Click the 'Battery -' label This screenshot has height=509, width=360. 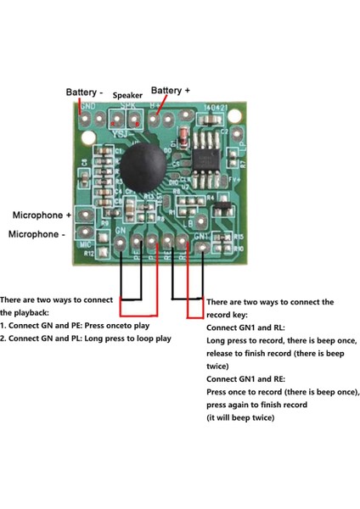pos(86,92)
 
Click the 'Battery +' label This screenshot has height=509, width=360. pos(170,90)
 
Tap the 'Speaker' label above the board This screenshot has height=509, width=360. pos(127,96)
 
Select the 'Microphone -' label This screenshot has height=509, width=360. pos(37,233)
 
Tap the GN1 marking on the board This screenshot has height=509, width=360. pos(202,235)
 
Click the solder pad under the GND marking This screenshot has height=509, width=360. pos(86,120)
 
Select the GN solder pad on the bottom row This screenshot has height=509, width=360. pos(121,246)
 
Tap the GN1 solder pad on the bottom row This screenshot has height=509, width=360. pos(205,248)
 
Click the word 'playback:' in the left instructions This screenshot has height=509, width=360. pos(25,312)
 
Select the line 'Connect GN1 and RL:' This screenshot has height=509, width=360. pos(247,327)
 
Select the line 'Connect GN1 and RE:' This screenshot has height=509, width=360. pos(247,378)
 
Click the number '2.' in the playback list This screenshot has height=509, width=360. pos(4,338)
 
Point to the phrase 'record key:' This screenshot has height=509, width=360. pos(232,314)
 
